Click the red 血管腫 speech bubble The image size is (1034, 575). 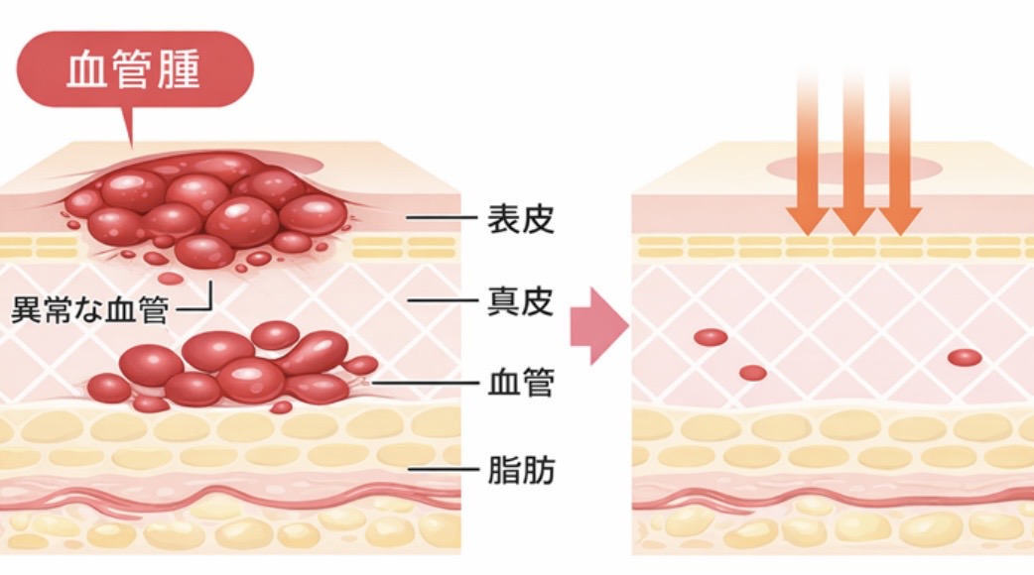coord(135,71)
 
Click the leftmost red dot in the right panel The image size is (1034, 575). coord(711,337)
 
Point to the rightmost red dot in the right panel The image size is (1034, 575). coord(964,357)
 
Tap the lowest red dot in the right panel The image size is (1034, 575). coord(753,373)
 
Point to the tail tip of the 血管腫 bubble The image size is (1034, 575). coord(130,146)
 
